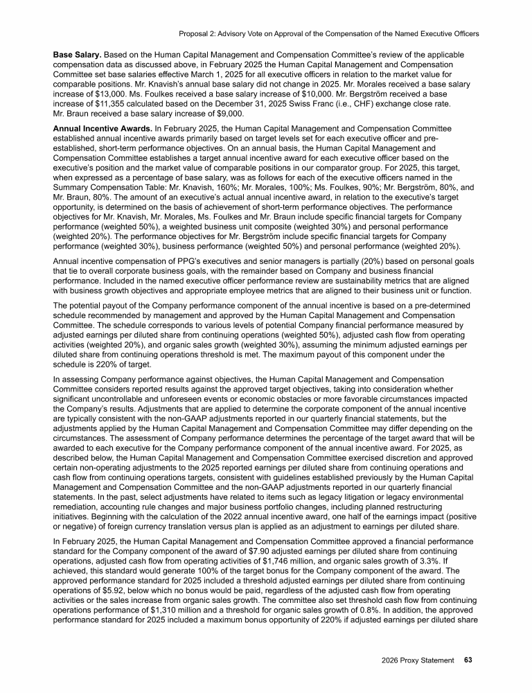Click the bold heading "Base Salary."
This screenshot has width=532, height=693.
click(x=79, y=53)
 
